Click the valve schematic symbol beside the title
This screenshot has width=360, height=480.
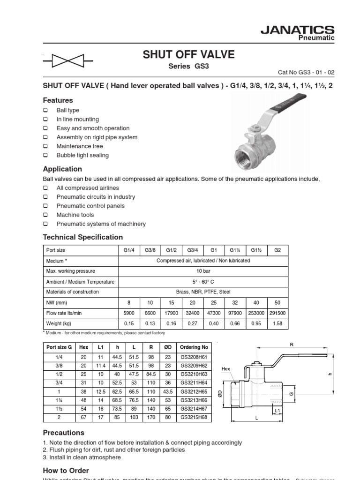tap(67, 60)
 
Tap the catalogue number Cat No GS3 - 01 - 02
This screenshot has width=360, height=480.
tap(307, 73)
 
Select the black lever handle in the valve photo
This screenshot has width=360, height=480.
tap(287, 102)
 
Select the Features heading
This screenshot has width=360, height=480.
tap(58, 100)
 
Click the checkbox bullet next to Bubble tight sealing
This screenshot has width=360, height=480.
tap(45, 155)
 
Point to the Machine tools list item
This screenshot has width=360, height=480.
tap(75, 215)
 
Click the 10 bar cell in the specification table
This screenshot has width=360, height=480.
tap(203, 271)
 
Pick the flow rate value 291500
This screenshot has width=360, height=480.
tap(277, 313)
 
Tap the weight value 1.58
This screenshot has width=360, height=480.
tap(277, 323)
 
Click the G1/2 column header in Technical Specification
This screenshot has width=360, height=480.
tap(171, 250)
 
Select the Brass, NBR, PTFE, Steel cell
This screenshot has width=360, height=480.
tap(203, 292)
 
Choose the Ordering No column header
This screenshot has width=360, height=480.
tap(194, 347)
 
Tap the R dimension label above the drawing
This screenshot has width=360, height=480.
tap(291, 345)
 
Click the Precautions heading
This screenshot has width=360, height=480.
tap(64, 433)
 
